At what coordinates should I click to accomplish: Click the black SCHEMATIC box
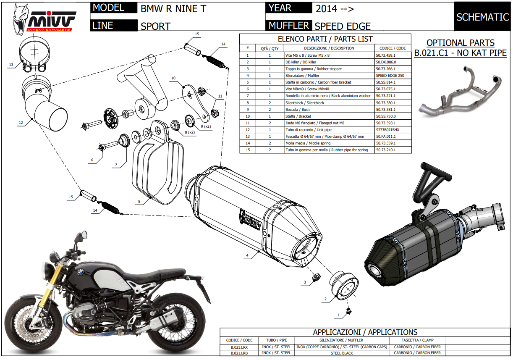click(482, 17)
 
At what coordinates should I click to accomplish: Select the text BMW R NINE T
click(173, 8)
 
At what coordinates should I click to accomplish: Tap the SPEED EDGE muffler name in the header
click(343, 26)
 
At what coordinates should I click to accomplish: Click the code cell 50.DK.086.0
click(386, 62)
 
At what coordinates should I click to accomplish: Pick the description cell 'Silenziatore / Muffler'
click(302, 76)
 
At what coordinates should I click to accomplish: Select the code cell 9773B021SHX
click(387, 130)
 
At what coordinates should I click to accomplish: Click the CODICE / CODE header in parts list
click(390, 48)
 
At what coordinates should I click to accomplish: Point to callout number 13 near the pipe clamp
click(10, 65)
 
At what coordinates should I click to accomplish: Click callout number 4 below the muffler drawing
click(247, 255)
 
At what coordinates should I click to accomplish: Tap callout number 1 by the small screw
click(338, 314)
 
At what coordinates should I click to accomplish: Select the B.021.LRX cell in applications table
click(239, 347)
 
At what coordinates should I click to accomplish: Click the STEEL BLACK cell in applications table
click(342, 353)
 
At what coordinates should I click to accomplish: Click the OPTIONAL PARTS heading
click(460, 43)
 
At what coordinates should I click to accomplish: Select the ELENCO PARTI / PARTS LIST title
click(325, 39)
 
